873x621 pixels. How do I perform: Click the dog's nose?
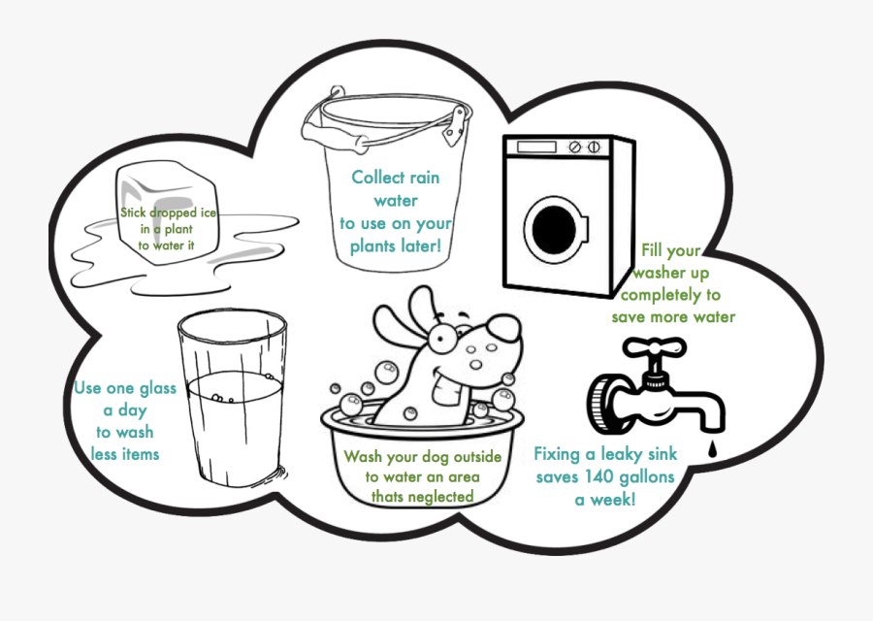coord(504,329)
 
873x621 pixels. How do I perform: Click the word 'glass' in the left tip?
coord(156,388)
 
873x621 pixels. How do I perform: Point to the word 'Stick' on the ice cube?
coord(136,212)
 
